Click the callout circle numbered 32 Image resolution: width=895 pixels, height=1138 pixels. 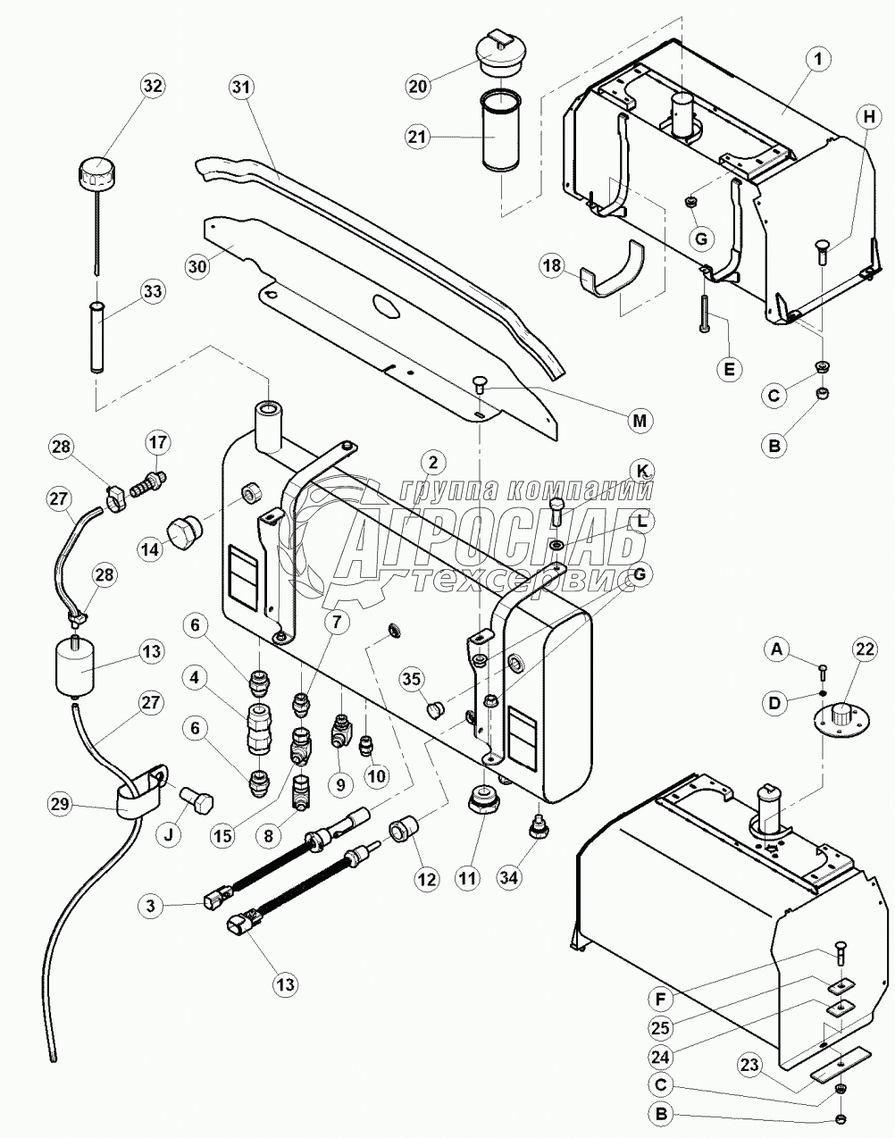(x=152, y=87)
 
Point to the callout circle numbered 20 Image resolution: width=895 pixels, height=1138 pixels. (x=418, y=87)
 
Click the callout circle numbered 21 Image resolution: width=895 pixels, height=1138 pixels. (x=418, y=137)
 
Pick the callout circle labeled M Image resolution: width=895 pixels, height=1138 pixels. (x=640, y=419)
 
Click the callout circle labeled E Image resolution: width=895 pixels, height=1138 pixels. (x=730, y=369)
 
